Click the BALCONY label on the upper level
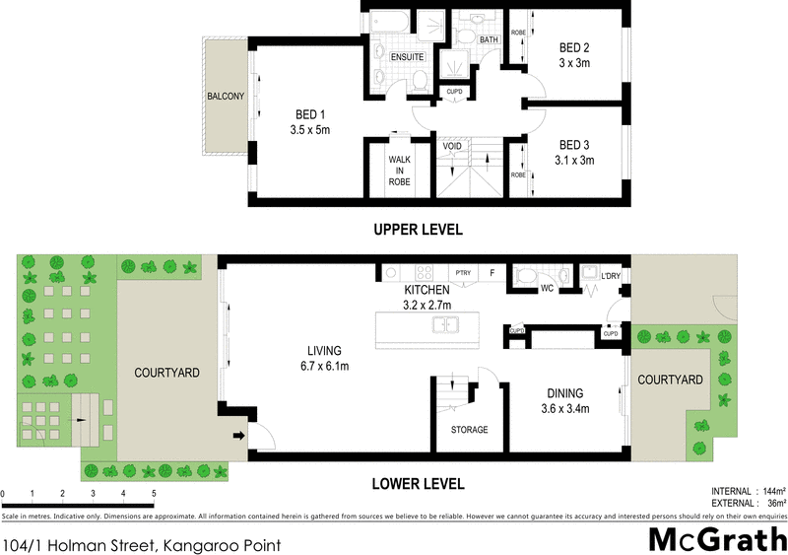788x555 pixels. point(226,97)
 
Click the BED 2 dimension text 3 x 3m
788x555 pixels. point(575,62)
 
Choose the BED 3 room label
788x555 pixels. point(574,143)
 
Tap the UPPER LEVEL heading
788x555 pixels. point(418,230)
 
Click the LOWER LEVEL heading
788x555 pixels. point(418,484)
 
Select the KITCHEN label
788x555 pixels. point(427,290)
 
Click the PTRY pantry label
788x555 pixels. point(461,272)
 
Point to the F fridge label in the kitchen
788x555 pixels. point(491,272)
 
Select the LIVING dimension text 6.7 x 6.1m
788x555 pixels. point(323,366)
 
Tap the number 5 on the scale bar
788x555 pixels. point(153,493)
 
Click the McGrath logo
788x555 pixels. point(716,538)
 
